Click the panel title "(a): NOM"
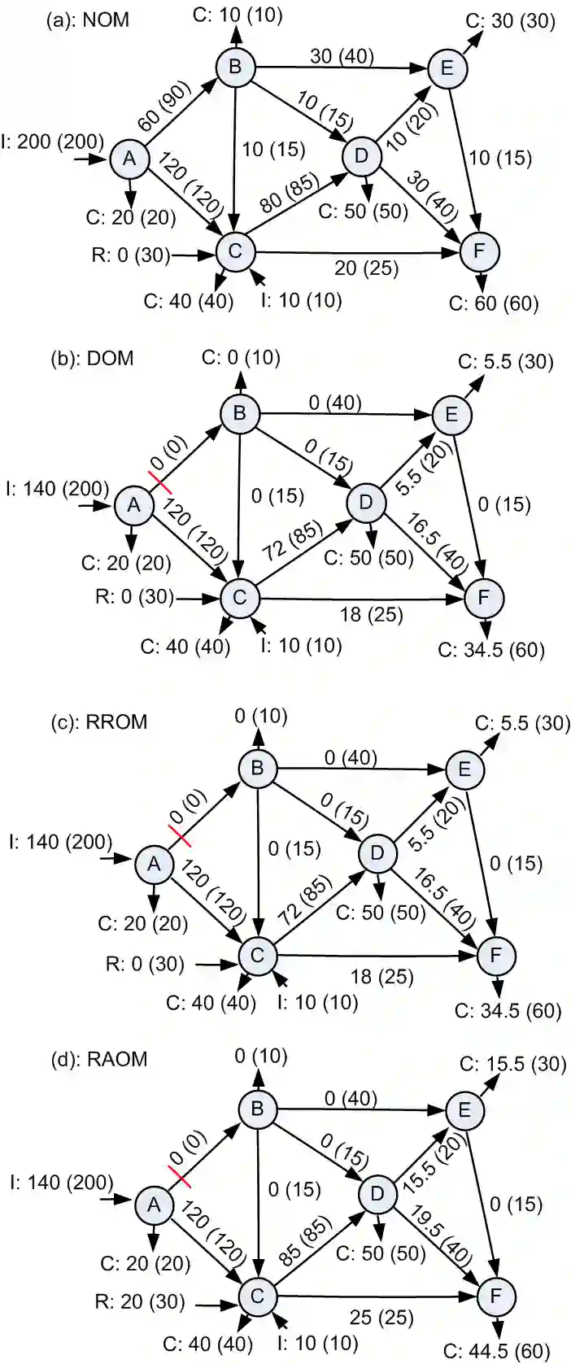88,20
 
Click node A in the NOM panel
129,159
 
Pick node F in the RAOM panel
495,1294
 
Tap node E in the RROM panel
464,769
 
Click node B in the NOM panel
235,66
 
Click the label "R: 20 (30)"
140,1301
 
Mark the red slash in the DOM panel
160,482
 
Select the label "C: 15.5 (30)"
512,1064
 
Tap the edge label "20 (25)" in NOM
367,267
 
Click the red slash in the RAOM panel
179,1176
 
